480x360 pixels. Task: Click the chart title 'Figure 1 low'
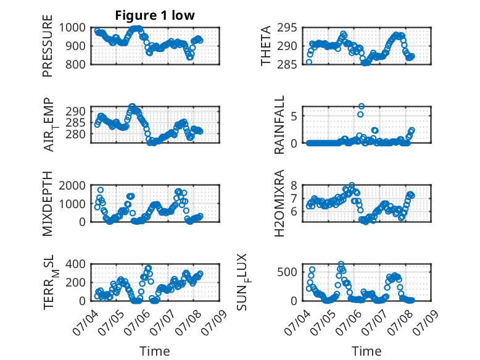155,15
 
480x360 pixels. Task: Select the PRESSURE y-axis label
48,46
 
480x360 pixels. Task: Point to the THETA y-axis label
266,46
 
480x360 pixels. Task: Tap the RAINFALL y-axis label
279,125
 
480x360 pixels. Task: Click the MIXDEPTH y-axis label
48,203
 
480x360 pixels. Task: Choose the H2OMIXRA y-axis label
279,203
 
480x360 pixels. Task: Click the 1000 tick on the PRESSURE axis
72,28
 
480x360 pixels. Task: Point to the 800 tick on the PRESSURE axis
75,64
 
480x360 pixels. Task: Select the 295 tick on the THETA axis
287,28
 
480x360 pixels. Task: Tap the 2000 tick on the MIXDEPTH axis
72,185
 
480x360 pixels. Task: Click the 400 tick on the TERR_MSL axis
75,264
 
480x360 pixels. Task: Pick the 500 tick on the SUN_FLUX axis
287,272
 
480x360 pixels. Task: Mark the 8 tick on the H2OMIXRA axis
294,185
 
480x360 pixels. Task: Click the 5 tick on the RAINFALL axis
294,117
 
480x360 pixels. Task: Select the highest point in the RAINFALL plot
362,106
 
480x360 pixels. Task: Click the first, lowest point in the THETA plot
309,62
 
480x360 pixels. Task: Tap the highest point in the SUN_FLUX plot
341,264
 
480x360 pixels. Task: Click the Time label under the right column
366,351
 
